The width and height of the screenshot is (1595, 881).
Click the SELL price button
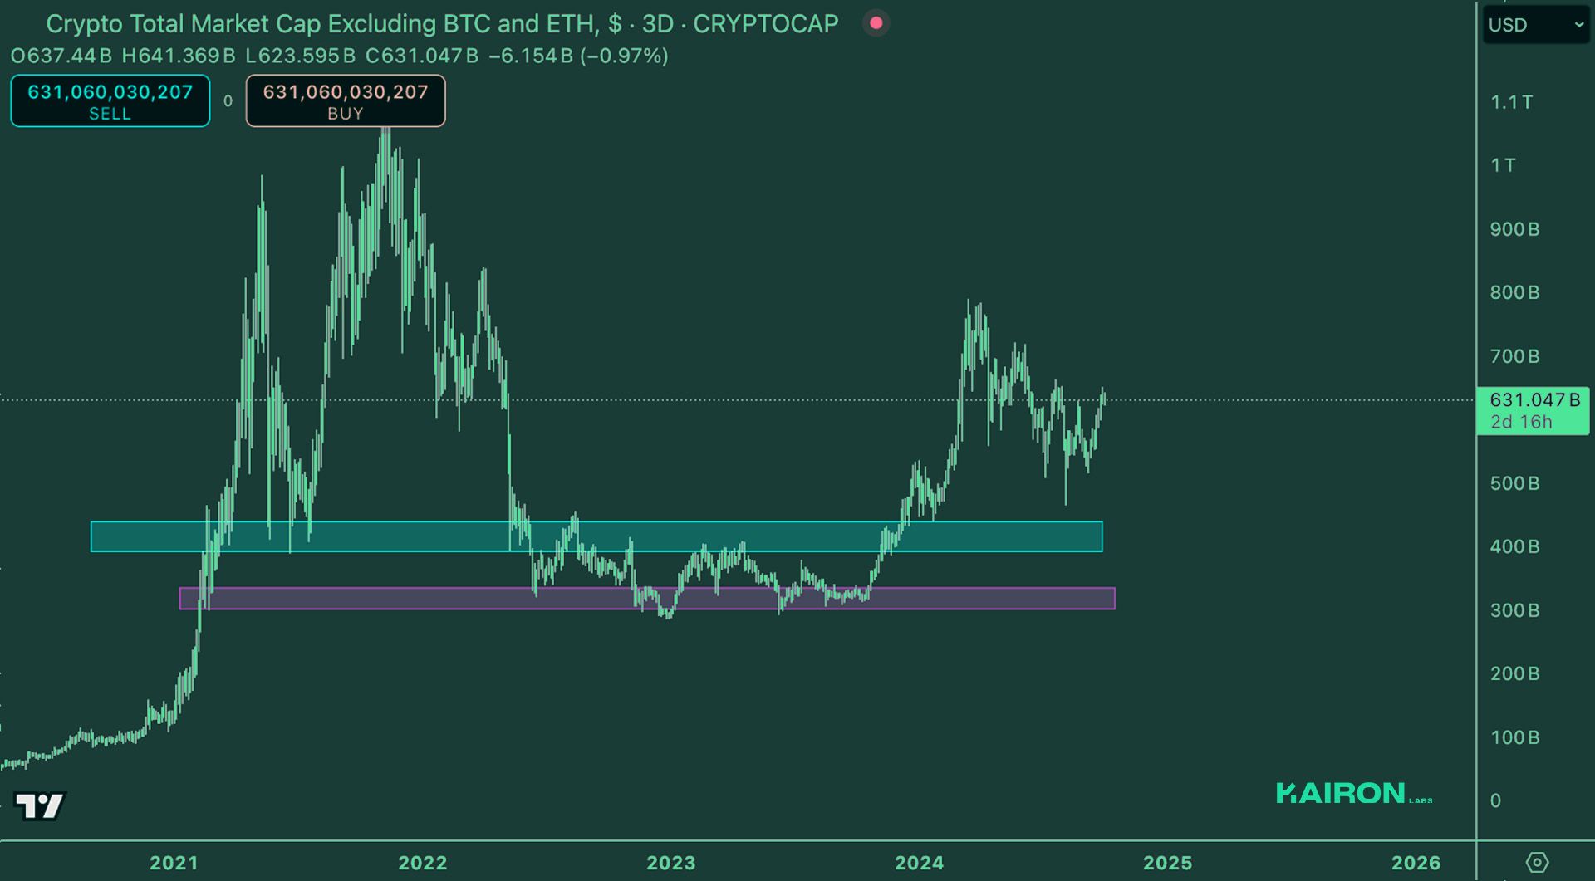point(110,101)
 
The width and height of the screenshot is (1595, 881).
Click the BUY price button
point(345,101)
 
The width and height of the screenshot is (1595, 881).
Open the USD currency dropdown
point(1535,25)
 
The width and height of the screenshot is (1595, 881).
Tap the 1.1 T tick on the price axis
point(1511,102)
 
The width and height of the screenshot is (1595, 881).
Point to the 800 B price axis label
point(1514,292)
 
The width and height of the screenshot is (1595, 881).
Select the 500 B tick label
point(1514,483)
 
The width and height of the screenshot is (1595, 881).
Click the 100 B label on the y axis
point(1514,737)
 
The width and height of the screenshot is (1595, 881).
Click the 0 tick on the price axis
point(1495,800)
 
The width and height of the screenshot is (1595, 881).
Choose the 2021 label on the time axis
point(174,863)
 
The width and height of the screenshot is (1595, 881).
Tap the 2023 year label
point(671,863)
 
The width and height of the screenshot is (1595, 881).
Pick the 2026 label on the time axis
point(1416,863)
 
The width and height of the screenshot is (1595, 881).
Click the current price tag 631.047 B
point(1534,410)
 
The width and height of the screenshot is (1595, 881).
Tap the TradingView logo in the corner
point(39,805)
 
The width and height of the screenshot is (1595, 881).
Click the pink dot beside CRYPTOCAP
point(876,23)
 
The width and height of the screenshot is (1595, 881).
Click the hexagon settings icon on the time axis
point(1537,863)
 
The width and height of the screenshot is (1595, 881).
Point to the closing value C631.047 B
point(422,56)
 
